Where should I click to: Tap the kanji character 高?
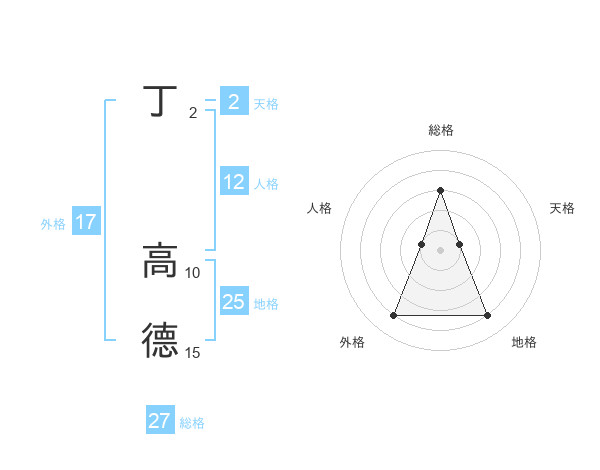coord(160,262)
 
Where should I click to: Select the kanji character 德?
coord(160,341)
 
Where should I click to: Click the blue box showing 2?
coord(234,102)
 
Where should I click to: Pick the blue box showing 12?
coord(234,182)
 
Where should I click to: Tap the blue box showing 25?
coord(234,302)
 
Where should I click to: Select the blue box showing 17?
coord(86,222)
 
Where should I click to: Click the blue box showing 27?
coord(160,421)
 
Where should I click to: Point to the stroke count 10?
coord(193,272)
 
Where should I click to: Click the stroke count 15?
coord(193,352)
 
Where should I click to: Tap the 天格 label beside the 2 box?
coord(266,104)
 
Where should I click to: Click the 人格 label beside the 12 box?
coord(266,184)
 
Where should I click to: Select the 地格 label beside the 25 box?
coord(266,304)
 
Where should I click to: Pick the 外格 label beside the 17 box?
coord(53,224)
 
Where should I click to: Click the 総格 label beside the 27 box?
coord(192,423)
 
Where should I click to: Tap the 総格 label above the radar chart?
coord(440,130)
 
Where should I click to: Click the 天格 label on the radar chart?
coord(562,208)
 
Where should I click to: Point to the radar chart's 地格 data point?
coord(487,316)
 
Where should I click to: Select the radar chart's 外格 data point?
coord(393,316)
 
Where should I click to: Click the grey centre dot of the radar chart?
coord(440,249)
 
